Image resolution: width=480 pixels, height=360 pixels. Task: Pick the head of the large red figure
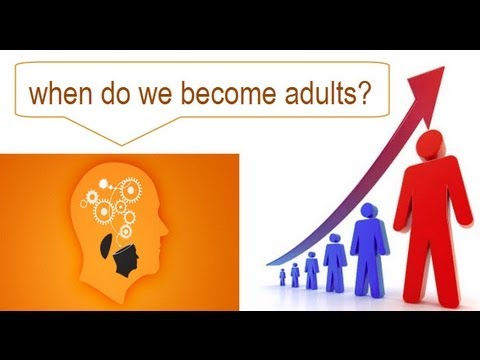431,142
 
